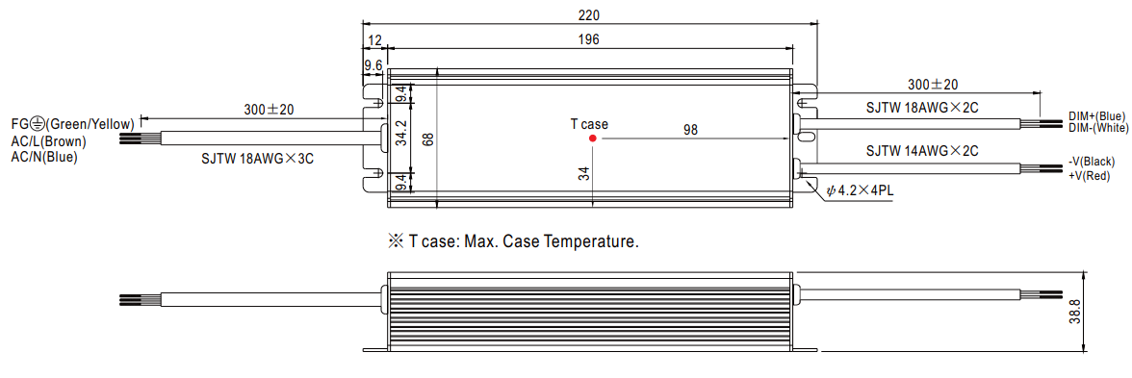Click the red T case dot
coord(592,138)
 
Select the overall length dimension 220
coord(589,15)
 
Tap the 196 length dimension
coord(589,39)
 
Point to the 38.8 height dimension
coord(1095,313)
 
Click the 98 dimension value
coord(691,129)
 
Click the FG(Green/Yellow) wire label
coord(72,124)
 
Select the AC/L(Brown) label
coord(48,140)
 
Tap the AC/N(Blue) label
coord(44,156)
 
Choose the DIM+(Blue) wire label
coord(1095,117)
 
